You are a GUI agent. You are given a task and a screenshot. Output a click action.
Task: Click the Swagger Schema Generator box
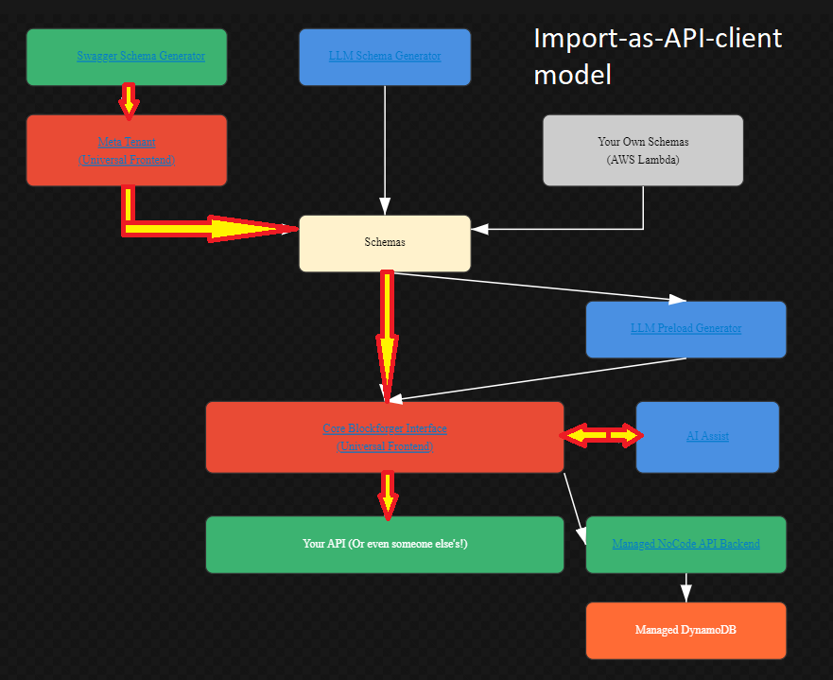127,57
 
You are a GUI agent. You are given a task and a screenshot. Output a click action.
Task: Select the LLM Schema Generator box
385,57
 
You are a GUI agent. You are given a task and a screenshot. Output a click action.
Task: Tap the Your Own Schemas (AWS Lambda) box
643,150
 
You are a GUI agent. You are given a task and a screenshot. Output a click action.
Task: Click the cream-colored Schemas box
385,243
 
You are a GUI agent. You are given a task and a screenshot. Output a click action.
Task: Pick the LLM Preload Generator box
685,329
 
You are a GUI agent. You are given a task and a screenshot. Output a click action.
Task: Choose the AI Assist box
707,437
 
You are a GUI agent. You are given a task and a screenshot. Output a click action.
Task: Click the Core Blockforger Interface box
385,437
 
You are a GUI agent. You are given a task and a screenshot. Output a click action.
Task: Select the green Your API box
385,545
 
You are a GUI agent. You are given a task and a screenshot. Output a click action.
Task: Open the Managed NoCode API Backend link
685,544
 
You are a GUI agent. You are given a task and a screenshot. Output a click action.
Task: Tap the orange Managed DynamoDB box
685,630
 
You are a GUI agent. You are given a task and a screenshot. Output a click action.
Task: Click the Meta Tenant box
127,150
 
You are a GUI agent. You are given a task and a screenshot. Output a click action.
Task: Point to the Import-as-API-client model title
658,56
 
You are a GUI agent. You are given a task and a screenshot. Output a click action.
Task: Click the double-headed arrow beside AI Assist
601,435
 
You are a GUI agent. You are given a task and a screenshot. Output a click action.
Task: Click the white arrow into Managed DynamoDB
686,587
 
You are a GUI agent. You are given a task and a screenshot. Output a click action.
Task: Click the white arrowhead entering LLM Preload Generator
677,300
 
